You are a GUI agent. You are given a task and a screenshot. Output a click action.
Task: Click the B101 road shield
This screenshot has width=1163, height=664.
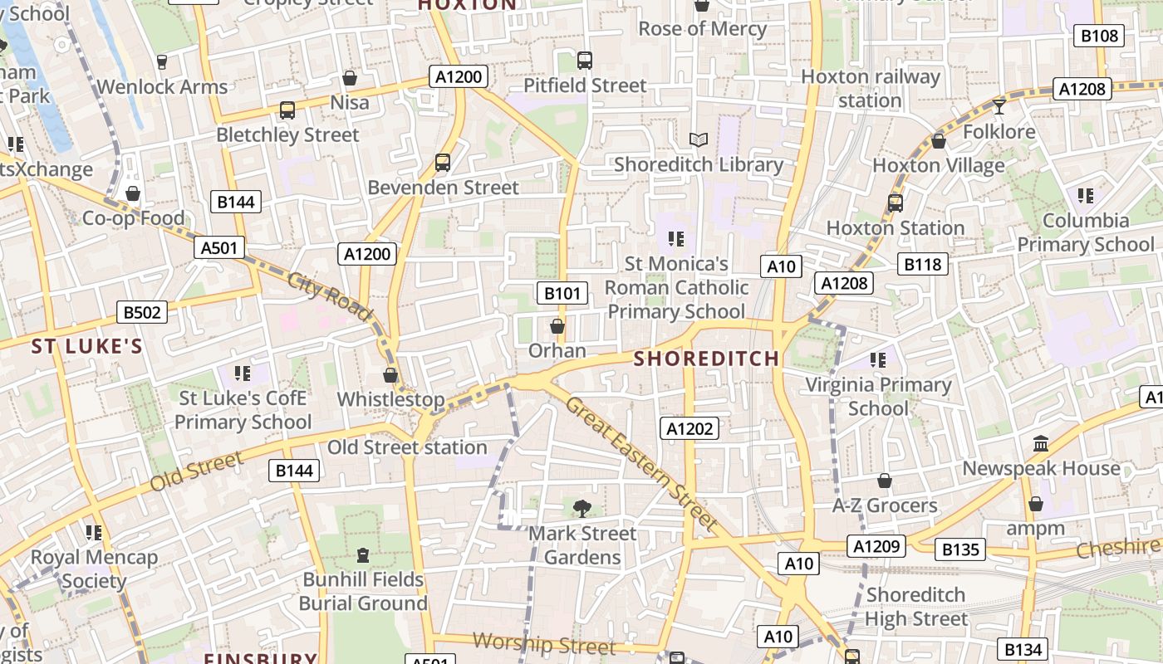coord(562,293)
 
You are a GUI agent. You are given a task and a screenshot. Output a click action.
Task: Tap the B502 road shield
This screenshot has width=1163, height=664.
coord(141,312)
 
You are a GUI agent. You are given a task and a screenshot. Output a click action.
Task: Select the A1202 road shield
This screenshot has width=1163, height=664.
coord(689,428)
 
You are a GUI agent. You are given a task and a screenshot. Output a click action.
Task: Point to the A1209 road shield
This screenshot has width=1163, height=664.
coord(876,546)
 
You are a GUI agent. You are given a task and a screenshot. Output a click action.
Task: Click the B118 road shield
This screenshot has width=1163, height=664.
coord(923,265)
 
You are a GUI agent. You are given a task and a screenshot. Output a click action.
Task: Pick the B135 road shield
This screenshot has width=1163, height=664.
coord(959,549)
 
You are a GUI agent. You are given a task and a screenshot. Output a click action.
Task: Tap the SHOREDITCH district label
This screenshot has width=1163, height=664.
coord(707,359)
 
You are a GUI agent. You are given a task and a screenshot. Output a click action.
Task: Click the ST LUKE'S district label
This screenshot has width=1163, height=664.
coord(87,346)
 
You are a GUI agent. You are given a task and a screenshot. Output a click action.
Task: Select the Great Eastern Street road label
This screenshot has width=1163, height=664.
coord(641,464)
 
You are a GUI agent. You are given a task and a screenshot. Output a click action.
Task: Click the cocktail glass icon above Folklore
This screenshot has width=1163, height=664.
coord(999,106)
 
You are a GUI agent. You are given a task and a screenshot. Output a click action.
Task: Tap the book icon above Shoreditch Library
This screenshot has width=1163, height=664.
coord(699,139)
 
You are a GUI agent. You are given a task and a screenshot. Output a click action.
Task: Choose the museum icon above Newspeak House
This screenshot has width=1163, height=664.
coord(1041,444)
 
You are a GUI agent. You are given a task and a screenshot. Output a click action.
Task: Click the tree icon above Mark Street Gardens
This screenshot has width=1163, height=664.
coord(582,509)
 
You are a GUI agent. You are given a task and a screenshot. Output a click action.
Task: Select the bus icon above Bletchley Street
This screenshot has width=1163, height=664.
coord(287,110)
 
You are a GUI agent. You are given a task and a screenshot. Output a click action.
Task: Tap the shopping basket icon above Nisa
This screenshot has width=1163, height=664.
coord(350,78)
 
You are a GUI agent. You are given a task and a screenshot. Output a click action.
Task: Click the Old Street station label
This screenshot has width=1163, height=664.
coord(407,447)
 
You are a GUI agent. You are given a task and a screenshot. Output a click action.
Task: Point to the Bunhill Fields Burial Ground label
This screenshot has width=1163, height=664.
coord(364,591)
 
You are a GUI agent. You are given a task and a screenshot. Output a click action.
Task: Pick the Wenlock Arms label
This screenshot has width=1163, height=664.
coord(162,87)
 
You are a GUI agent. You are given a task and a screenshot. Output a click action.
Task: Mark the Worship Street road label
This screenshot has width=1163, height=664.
coord(544,644)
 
